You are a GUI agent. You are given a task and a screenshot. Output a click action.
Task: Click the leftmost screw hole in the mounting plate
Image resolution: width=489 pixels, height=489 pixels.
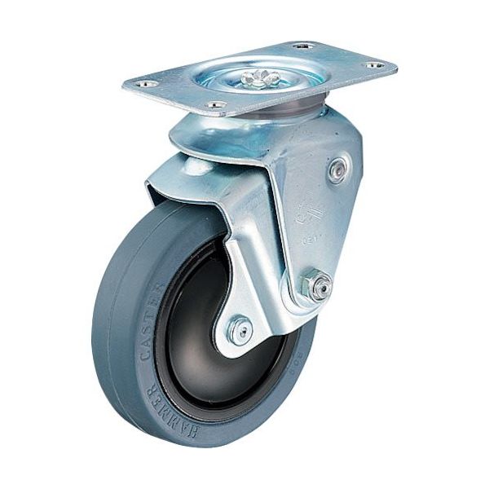click(x=147, y=83)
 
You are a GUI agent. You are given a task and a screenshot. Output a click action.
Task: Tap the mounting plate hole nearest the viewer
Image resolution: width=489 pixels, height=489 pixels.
click(x=215, y=104)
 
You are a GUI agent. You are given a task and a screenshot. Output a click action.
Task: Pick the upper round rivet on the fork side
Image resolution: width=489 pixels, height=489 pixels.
click(x=337, y=170)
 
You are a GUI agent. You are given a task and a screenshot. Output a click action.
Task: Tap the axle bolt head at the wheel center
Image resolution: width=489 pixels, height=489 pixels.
click(x=238, y=329)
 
